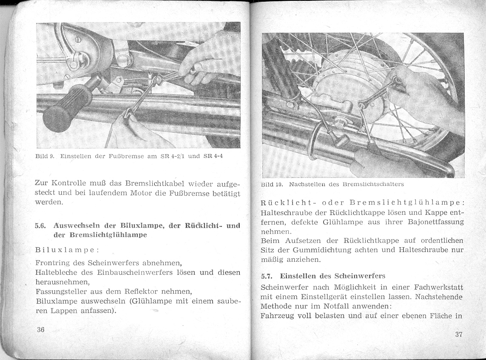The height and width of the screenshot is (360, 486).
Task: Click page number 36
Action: [41, 330]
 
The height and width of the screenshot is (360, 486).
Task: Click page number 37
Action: [458, 334]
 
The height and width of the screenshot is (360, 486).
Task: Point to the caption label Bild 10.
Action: [272, 185]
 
